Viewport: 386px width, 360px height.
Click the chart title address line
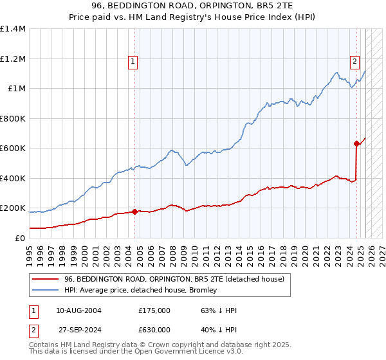coord(192,6)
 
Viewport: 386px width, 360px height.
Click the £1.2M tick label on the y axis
coord(13,59)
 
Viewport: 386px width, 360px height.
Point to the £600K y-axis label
coord(13,148)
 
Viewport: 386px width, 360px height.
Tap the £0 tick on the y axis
coord(19,238)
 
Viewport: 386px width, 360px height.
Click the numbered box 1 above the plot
coord(133,62)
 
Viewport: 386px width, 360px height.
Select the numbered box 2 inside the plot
coord(354,62)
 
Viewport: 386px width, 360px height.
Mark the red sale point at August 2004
coord(134,212)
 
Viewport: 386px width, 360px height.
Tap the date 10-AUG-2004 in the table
coord(79,310)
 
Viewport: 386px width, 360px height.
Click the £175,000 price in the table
coord(154,310)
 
